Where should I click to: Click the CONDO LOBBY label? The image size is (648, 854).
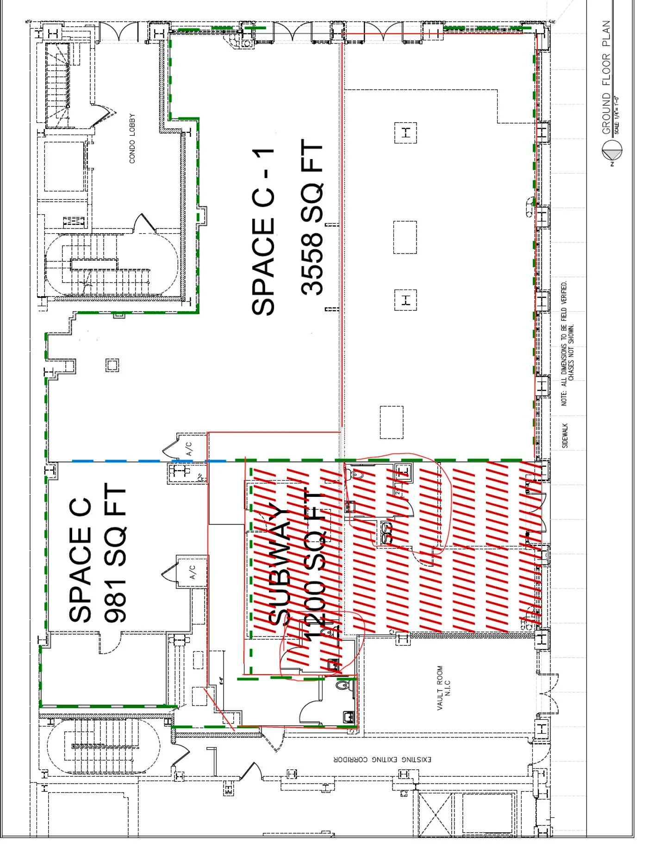[132, 138]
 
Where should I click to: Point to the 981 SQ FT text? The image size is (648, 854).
[114, 553]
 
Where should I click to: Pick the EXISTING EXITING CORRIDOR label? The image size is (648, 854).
[382, 760]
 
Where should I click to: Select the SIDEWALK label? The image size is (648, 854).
[565, 435]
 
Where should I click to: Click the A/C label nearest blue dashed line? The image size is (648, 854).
[189, 448]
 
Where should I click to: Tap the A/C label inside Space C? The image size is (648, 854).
[193, 572]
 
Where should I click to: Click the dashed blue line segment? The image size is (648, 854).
[139, 461]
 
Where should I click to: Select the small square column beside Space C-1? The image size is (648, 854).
[112, 365]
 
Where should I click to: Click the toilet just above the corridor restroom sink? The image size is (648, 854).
[343, 685]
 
